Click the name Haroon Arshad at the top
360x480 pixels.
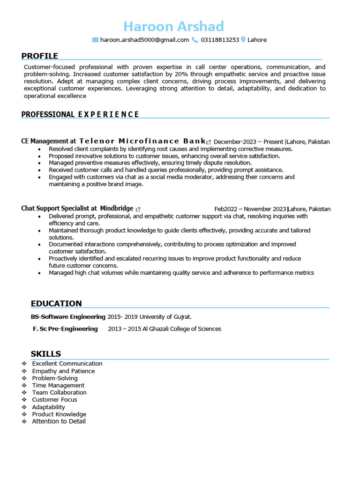tap(174, 26)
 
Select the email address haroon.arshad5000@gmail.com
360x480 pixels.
tap(144, 40)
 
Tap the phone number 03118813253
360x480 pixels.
tap(220, 40)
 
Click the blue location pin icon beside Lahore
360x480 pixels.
tap(243, 40)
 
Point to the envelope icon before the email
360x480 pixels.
tap(96, 40)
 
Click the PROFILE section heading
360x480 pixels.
tap(40, 56)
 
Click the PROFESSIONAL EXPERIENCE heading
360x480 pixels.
tap(80, 114)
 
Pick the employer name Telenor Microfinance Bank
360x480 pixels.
tap(142, 141)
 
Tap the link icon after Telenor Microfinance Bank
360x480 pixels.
tap(209, 142)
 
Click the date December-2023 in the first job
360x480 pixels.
tap(236, 142)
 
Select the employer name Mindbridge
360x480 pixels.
tap(117, 209)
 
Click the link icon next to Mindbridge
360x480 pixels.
tap(138, 209)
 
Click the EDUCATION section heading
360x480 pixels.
tap(56, 303)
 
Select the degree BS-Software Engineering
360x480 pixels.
tap(68, 317)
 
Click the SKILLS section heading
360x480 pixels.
tap(46, 354)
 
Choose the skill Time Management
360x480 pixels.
tap(58, 385)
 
